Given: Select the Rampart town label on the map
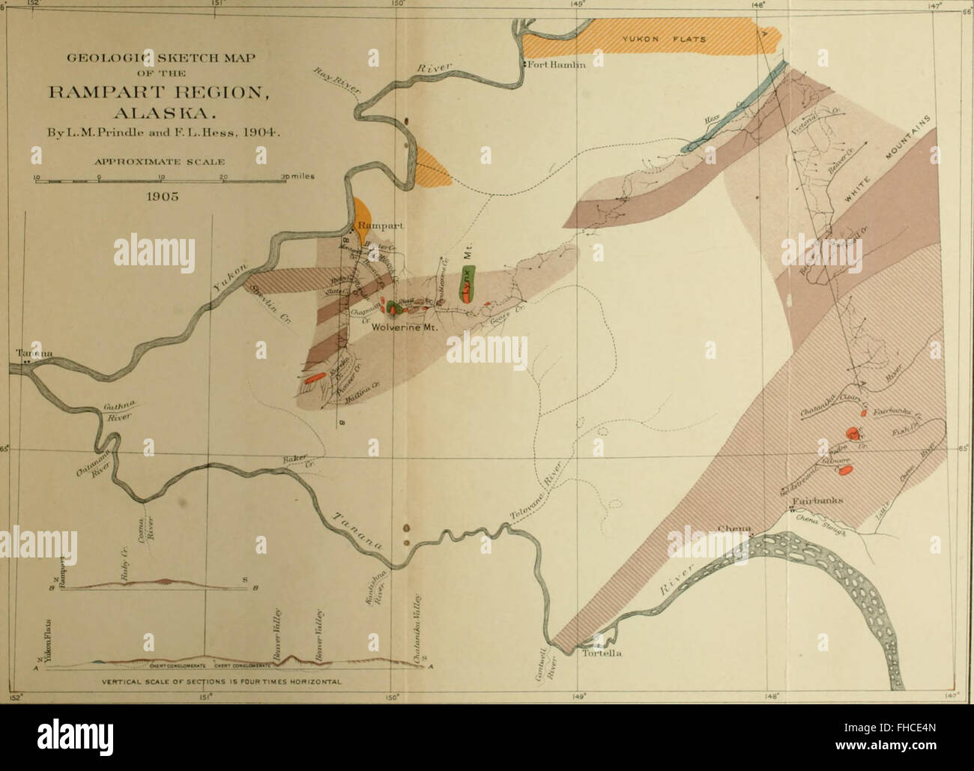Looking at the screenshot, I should coord(380,225).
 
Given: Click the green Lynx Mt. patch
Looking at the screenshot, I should coord(468,281).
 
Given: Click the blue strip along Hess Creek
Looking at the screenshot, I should coord(730,112).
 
